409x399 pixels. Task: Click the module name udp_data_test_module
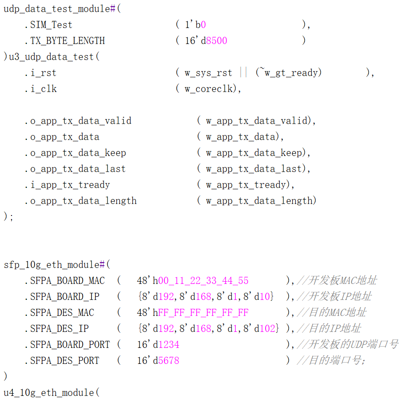pos(57,9)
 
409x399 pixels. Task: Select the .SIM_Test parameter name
pos(48,25)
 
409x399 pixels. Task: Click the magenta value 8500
pos(217,41)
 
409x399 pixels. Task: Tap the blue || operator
pos(243,73)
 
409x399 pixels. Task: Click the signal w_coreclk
pos(209,89)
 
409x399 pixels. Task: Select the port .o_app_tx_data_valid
pos(78,121)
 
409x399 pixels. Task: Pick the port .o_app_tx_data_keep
pos(75,153)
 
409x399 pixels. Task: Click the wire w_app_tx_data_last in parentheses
pos(254,169)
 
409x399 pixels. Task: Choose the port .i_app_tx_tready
pos(67,185)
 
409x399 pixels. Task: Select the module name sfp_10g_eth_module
pos(52,265)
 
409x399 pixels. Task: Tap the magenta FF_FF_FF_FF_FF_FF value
pos(203,313)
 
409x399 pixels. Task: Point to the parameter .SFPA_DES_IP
pos(56,329)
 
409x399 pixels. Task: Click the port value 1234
pos(169,345)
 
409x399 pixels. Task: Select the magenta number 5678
pos(169,361)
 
